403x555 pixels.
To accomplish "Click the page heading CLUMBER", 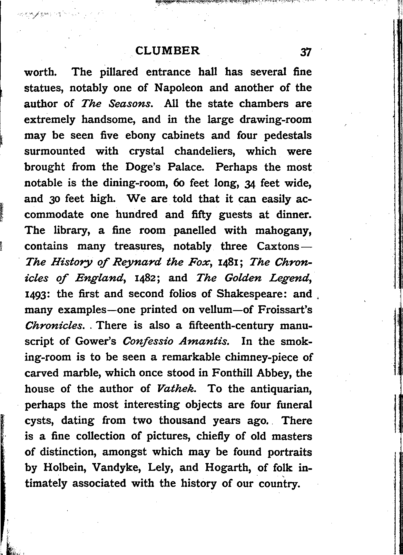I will [x=168, y=51].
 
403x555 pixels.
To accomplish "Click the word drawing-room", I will [x=276, y=119].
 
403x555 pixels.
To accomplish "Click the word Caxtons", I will [x=278, y=246].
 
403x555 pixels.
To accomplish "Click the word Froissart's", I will [x=285, y=310].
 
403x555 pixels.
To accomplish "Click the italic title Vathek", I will [x=176, y=388].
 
